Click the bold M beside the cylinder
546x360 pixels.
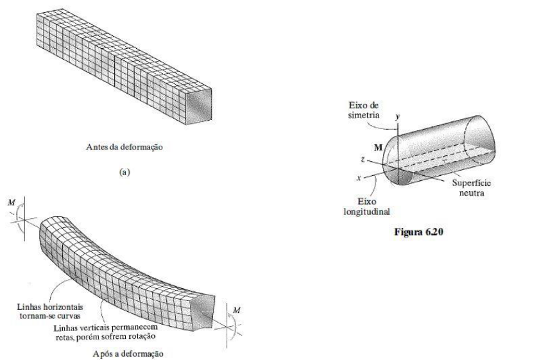pyautogui.click(x=379, y=148)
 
